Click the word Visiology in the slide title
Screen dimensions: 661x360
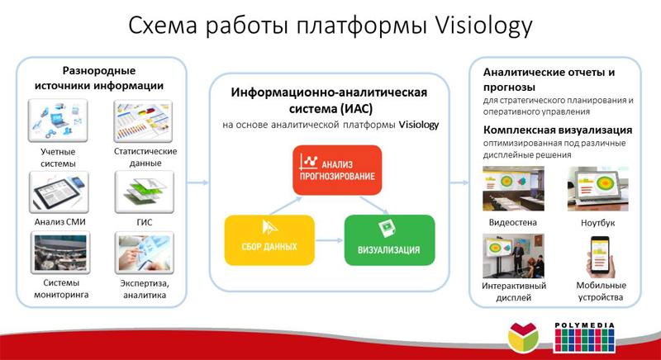click(x=483, y=26)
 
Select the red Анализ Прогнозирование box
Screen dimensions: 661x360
click(x=337, y=170)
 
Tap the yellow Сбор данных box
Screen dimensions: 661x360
click(x=269, y=240)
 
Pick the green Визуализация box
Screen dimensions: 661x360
click(x=389, y=240)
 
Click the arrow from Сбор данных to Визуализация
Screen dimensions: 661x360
click(x=329, y=240)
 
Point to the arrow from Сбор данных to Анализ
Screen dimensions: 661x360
click(x=285, y=206)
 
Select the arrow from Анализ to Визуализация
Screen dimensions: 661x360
click(x=374, y=206)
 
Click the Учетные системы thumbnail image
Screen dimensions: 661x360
click(x=58, y=121)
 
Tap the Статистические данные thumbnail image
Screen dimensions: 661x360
click(x=143, y=121)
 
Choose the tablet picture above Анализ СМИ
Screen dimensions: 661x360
click(x=59, y=192)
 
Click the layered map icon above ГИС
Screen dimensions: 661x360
click(x=144, y=192)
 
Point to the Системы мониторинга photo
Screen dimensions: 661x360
click(x=60, y=253)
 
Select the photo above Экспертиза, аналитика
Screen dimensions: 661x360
click(x=144, y=253)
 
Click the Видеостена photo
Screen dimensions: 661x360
click(x=513, y=188)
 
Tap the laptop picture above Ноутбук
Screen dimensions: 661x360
click(x=597, y=188)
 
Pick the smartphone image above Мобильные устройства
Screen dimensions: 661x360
click(x=600, y=257)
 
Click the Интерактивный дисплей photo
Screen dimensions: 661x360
click(x=513, y=256)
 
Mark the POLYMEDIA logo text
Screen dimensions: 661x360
click(x=584, y=325)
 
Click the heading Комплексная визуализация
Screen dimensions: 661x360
click(x=558, y=130)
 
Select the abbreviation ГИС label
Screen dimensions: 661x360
click(x=144, y=222)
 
